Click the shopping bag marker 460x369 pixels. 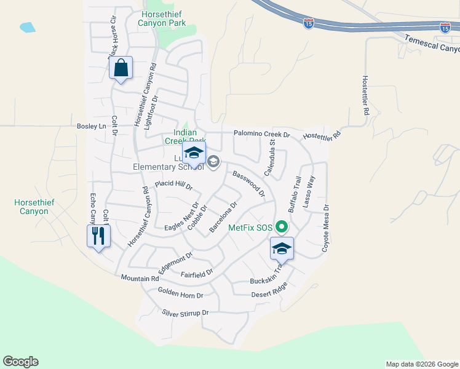point(121,68)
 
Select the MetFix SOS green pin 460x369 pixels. point(282,228)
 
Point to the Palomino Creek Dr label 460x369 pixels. point(261,134)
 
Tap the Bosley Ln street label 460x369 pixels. point(92,126)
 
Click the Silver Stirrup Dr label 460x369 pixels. point(186,313)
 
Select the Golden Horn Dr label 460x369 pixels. point(180,293)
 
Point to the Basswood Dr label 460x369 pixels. point(248,184)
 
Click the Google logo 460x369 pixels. point(20,362)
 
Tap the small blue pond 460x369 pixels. point(28,27)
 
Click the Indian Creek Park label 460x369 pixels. point(185,136)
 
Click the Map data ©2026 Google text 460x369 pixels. point(421,364)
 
